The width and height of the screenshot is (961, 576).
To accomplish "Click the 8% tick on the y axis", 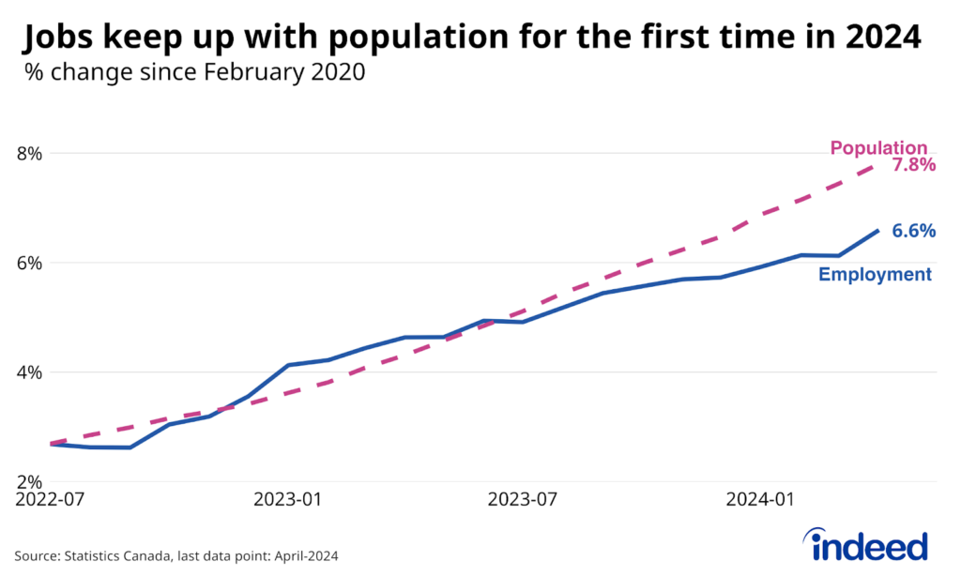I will pyautogui.click(x=30, y=153).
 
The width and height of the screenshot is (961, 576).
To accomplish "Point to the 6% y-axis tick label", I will pyautogui.click(x=30, y=263).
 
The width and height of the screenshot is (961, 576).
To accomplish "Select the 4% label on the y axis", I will pyautogui.click(x=30, y=372).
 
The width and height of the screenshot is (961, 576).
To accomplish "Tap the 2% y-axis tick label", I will pyautogui.click(x=30, y=481).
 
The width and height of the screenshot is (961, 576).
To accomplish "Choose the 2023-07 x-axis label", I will pyautogui.click(x=522, y=501).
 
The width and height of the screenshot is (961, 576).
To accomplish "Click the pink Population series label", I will pyautogui.click(x=877, y=148).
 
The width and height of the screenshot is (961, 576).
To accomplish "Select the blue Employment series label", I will pyautogui.click(x=875, y=275).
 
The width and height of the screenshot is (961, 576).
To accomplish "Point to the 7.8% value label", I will pyautogui.click(x=913, y=166).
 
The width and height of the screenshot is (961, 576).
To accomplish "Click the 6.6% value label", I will pyautogui.click(x=913, y=231).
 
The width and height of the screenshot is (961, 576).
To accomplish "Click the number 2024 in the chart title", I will pyautogui.click(x=881, y=38).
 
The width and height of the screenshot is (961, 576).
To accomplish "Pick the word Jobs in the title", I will pyautogui.click(x=62, y=38).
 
